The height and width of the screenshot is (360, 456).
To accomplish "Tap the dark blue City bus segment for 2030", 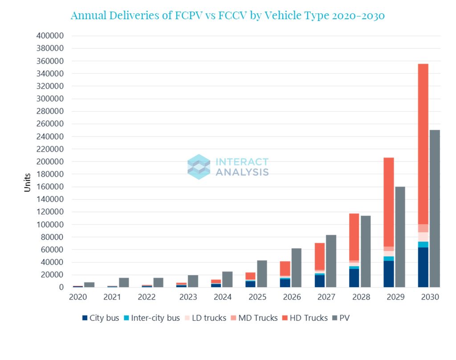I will (x=423, y=267).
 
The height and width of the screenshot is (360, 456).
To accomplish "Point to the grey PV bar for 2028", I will (x=366, y=251).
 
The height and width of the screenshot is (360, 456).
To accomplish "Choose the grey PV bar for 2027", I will (x=331, y=261).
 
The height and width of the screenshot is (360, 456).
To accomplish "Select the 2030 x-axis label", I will (x=430, y=297).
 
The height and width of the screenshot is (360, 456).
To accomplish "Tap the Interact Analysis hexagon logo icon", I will (x=199, y=167).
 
